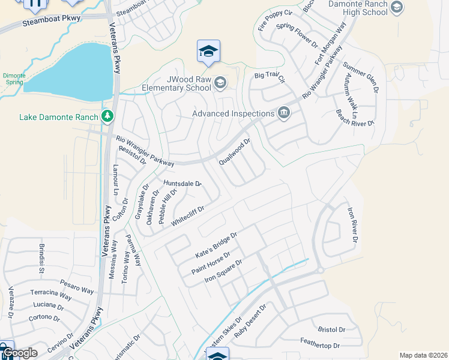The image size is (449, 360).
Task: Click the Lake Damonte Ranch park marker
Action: click(107, 116)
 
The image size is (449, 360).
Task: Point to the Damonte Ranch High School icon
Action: click(396, 7)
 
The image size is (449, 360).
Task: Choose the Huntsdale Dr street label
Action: click(182, 182)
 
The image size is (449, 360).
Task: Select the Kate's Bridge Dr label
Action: click(217, 246)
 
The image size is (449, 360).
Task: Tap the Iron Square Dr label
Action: click(223, 271)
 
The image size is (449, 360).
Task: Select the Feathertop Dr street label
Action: click(320, 346)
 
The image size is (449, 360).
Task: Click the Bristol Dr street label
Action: click(331, 329)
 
